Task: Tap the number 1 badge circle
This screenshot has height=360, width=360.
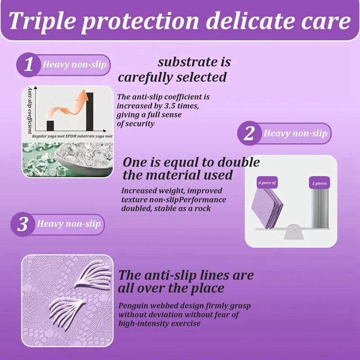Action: pyautogui.click(x=28, y=65)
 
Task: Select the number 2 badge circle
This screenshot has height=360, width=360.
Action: pyautogui.click(x=249, y=133)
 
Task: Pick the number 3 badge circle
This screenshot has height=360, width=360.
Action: pyautogui.click(x=22, y=224)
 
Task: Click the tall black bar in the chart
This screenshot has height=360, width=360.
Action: pyautogui.click(x=90, y=111)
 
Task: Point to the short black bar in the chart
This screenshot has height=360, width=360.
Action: pyautogui.click(x=50, y=126)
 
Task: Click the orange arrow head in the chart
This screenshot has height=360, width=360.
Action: pyautogui.click(x=82, y=96)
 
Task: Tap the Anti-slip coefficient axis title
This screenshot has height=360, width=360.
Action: pyautogui.click(x=30, y=110)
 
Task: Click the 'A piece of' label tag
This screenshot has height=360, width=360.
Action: pyautogui.click(x=267, y=183)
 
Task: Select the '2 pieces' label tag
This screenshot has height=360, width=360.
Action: pyautogui.click(x=319, y=183)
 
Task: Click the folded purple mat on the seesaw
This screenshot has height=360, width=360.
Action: pyautogui.click(x=268, y=208)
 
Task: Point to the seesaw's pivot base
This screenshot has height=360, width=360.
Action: pyautogui.click(x=292, y=232)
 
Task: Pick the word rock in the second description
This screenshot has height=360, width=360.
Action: pyautogui.click(x=203, y=208)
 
